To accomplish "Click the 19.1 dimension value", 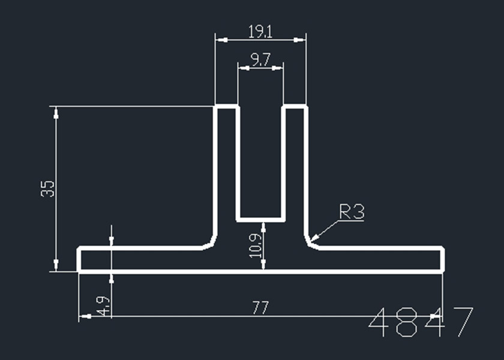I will (260, 31).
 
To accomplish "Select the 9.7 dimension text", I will (260, 59).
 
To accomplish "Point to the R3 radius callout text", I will (352, 212).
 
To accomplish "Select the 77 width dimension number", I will (259, 308).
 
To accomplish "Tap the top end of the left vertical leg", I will (227, 107).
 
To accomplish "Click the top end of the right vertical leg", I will (295, 107).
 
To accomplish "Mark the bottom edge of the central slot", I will (260, 220).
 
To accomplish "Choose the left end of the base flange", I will (79, 259).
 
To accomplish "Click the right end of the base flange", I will (443, 259).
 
